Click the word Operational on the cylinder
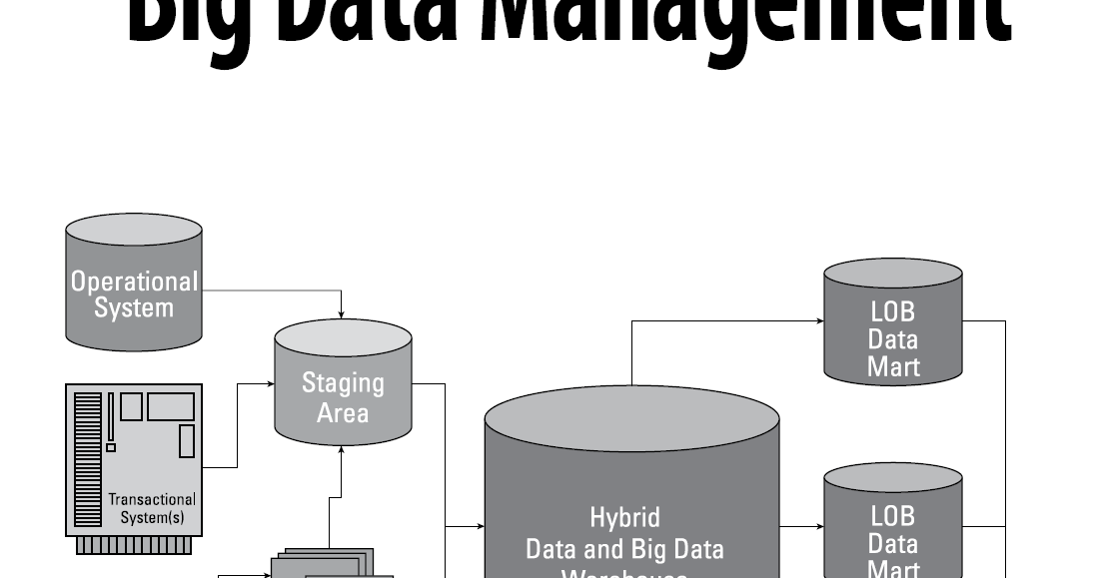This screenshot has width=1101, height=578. click(134, 282)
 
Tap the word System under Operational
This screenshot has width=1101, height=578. click(134, 307)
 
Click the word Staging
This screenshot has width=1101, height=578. click(343, 382)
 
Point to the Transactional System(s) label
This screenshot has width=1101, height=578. click(152, 508)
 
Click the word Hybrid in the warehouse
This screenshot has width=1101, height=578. click(624, 518)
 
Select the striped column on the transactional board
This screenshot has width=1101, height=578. click(88, 460)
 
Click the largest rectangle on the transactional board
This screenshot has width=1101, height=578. click(171, 407)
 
